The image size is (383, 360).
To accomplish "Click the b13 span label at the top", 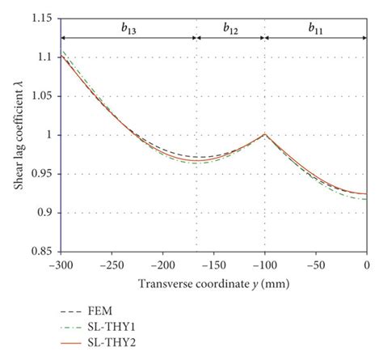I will click(x=128, y=28).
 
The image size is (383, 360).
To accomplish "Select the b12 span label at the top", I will click(x=231, y=28).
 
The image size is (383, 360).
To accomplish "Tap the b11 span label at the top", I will click(x=316, y=28).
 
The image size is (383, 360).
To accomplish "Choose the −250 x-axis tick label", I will click(x=112, y=265).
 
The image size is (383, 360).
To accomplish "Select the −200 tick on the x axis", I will click(x=164, y=265).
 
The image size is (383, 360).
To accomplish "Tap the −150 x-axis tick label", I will click(x=215, y=265).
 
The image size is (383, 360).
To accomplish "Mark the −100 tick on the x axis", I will click(x=266, y=265).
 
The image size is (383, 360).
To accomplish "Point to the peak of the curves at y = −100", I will click(x=265, y=134).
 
